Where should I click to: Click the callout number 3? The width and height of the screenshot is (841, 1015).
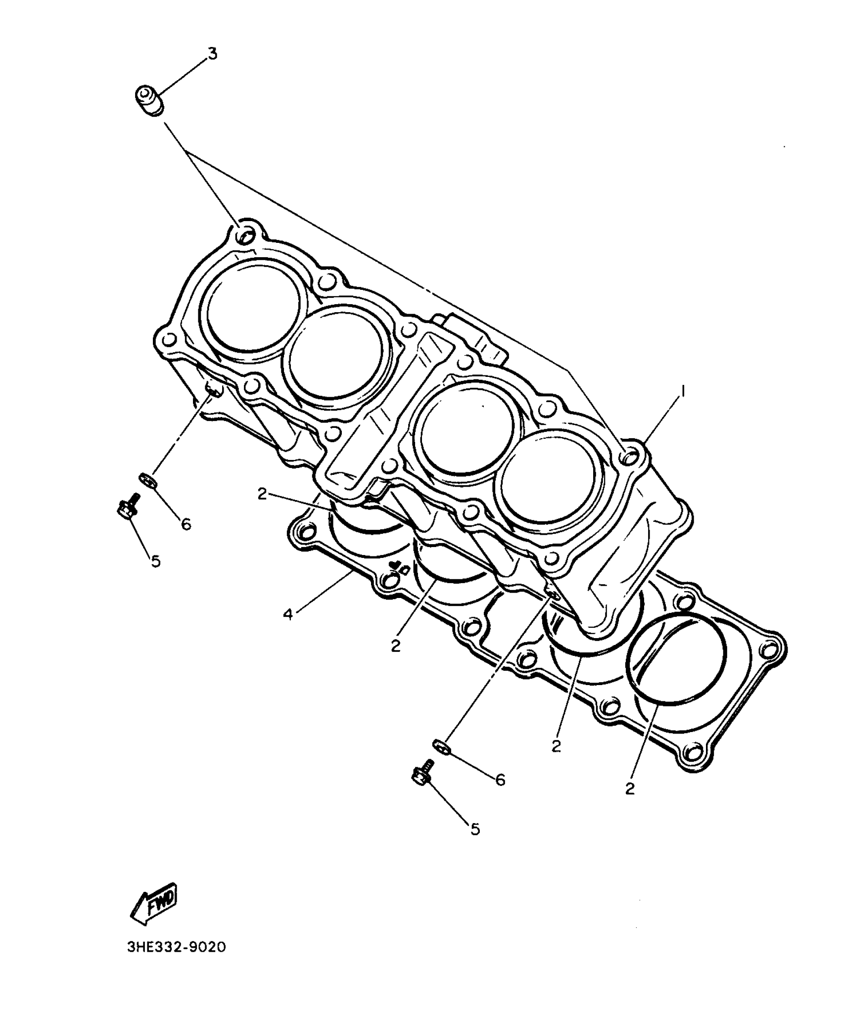[212, 53]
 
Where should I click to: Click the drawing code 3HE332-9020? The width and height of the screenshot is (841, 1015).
[176, 947]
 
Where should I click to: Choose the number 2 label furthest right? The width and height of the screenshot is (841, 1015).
[629, 789]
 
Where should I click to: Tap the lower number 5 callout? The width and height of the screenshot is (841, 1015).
[475, 830]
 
